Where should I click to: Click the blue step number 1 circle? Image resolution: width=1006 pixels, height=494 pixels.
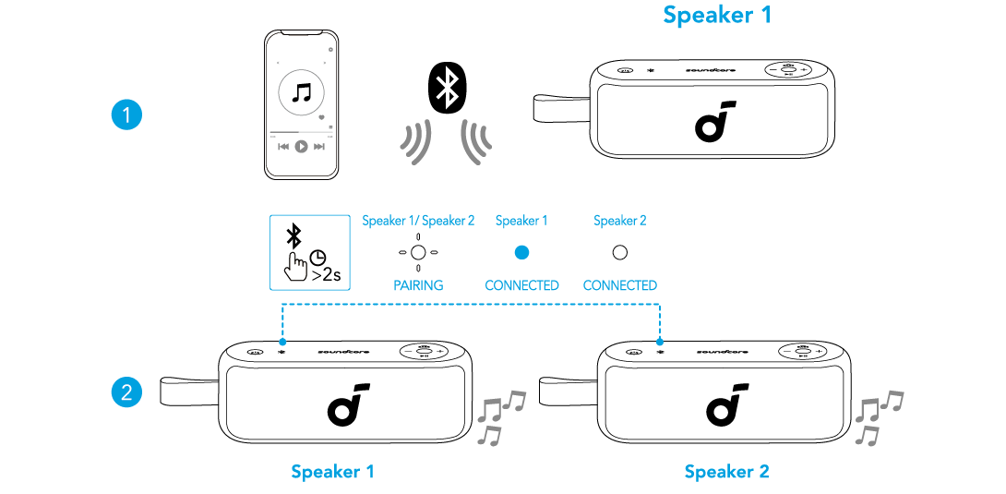point(126,115)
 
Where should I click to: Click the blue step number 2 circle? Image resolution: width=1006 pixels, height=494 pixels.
point(126,392)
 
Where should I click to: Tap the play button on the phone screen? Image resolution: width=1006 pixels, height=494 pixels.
point(301,147)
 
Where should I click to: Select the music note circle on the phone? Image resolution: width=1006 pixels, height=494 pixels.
point(301,93)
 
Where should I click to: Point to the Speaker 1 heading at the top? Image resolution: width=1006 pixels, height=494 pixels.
point(716,15)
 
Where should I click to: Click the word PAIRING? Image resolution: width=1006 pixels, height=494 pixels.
point(418,285)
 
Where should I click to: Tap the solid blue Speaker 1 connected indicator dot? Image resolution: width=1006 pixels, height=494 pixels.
point(521,252)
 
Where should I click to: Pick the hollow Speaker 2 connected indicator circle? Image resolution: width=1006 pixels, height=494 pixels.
point(620,252)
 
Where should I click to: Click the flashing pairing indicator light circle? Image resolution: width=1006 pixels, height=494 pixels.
point(418,252)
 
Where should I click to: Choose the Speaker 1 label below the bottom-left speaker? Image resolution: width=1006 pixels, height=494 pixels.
point(332,472)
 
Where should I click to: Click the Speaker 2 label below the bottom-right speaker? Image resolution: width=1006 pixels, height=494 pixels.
point(726,472)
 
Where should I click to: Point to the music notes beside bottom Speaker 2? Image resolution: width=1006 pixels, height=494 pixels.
point(877,416)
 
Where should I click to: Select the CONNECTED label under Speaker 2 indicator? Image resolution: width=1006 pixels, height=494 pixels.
point(620,285)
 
